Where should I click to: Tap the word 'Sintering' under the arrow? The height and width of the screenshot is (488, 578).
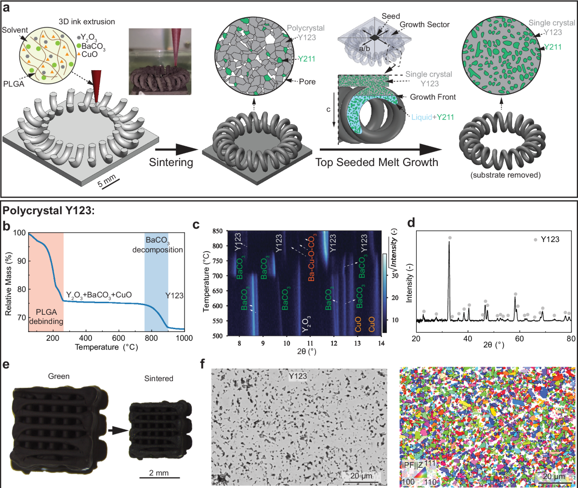pos(171,162)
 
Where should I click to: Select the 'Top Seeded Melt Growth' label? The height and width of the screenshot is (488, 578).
pos(377,162)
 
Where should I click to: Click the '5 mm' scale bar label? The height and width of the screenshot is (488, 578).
pos(107,182)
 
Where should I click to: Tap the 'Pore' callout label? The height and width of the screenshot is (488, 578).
pos(307,82)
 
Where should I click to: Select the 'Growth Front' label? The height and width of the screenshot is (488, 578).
pos(433,97)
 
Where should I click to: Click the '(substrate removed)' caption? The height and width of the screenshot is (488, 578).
pos(505,175)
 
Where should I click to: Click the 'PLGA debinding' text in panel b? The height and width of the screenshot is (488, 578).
pos(46,317)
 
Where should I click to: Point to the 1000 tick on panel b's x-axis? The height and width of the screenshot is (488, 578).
pos(184,338)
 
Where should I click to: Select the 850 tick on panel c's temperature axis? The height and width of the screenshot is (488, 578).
pos(217,231)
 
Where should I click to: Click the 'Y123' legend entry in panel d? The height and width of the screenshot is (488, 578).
pos(550,239)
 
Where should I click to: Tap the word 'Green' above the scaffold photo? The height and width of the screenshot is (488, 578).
pos(59,376)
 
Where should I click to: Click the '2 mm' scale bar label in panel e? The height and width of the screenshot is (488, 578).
pos(159,473)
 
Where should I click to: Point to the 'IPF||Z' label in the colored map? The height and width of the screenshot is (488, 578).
pos(412,465)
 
